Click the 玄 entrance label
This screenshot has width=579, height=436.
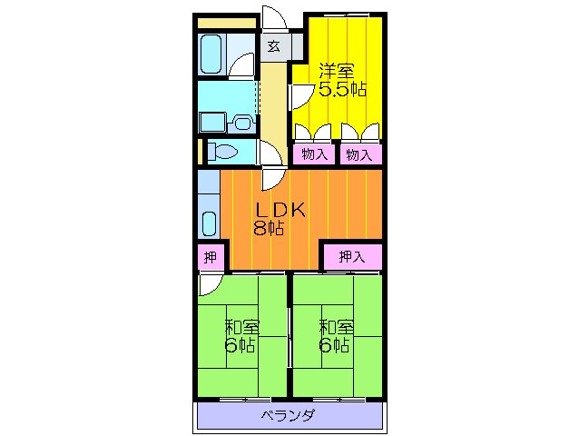273,46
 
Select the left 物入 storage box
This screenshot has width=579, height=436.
314,154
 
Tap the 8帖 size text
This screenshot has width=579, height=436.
269,229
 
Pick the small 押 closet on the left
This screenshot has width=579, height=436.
210,257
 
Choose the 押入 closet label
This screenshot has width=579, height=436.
351,257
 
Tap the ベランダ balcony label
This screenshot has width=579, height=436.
288,417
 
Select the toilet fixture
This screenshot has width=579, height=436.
223,151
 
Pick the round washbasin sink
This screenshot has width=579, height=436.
242,122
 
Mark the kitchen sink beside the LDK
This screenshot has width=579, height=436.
209,223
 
